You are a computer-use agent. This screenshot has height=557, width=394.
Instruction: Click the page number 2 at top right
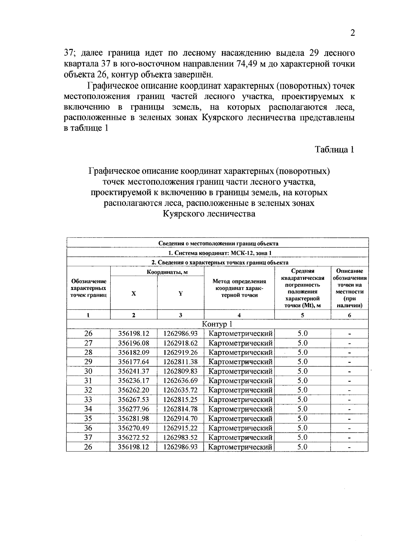coord(353,33)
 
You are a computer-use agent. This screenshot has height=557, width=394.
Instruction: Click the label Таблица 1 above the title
coord(335,149)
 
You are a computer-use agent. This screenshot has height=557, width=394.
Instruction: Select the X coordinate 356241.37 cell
coord(134,371)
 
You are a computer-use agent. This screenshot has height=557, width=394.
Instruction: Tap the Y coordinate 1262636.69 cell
coord(180,381)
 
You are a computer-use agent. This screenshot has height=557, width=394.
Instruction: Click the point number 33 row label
coord(88,399)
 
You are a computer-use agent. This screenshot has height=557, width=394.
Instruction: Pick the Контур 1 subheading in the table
coord(217,324)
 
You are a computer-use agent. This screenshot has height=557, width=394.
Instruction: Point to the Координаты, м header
coord(167,272)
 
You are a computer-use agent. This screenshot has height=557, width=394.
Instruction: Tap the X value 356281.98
coord(134,418)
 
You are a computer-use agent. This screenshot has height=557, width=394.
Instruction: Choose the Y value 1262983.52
coord(180,437)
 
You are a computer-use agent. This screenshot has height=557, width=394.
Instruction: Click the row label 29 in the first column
coord(88,362)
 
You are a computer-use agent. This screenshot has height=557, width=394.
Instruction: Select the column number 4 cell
coord(239,315)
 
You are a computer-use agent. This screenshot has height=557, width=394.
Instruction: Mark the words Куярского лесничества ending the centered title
coord(209,214)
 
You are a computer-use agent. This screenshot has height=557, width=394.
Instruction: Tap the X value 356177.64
coord(134,362)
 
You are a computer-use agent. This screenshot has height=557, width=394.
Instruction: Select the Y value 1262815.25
coord(180,399)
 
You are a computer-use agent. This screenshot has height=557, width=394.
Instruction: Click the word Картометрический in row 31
coord(240,381)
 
